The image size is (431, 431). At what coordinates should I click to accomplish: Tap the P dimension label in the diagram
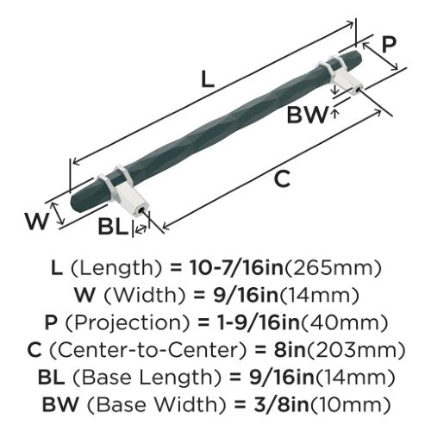click(389, 44)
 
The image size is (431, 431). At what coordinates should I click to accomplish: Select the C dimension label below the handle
click(282, 179)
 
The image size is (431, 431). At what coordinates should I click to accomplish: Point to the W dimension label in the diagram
click(36, 221)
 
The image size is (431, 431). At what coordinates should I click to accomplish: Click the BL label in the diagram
click(112, 226)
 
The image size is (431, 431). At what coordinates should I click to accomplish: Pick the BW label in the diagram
click(307, 115)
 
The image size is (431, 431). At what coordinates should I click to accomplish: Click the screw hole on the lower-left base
click(141, 211)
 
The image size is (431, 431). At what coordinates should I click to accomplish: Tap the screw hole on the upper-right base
click(357, 90)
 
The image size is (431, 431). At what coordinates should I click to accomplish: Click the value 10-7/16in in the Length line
click(236, 268)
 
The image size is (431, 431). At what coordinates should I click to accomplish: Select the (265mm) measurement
click(332, 269)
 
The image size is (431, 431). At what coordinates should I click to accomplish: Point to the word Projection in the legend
click(128, 323)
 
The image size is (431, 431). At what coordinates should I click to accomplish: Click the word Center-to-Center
click(148, 351)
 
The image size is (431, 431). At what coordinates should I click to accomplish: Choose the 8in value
click(290, 350)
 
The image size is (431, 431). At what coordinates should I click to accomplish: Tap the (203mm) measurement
click(356, 351)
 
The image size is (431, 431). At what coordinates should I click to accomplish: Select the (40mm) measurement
click(344, 323)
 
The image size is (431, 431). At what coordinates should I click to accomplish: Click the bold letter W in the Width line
click(85, 296)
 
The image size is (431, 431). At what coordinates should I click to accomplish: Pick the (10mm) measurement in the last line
click(350, 405)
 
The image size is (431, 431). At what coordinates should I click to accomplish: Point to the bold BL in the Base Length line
click(52, 378)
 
